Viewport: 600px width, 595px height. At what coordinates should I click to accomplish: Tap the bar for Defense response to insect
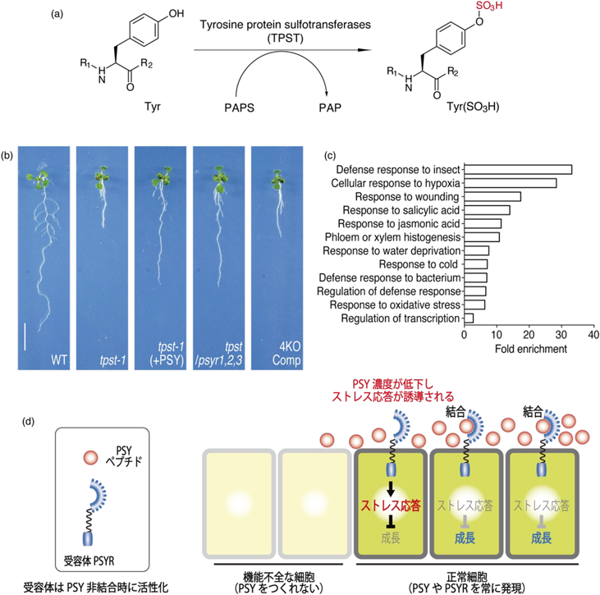[518, 170]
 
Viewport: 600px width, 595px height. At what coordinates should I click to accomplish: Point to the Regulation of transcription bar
[469, 318]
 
